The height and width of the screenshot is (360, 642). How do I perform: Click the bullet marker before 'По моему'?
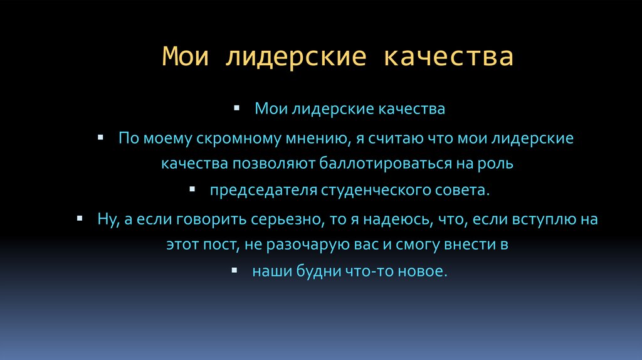101,136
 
